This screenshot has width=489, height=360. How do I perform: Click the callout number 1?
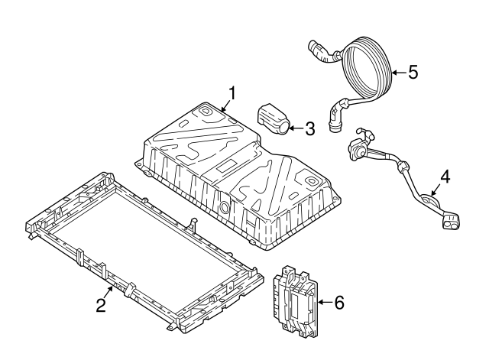[232, 92]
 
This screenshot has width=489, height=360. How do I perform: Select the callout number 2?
[101, 305]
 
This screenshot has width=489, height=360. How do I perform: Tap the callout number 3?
[309, 128]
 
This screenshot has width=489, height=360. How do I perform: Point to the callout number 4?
[445, 177]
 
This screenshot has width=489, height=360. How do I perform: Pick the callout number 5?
[413, 73]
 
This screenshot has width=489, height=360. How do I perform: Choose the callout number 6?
[339, 302]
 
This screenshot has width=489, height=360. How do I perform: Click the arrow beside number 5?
[399, 73]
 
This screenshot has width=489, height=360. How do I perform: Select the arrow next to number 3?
[296, 128]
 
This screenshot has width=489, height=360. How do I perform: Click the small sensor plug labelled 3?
[274, 119]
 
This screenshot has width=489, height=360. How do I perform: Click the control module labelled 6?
[296, 302]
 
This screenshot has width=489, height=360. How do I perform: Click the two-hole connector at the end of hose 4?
[451, 221]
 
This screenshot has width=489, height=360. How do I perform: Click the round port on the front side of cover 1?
[225, 206]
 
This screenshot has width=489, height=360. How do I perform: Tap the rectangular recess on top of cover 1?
[227, 167]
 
